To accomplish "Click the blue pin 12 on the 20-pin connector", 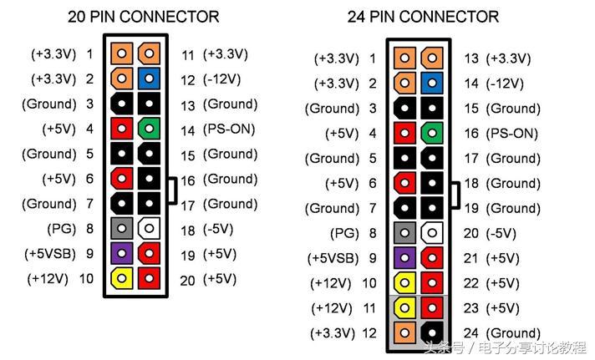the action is click(149, 79).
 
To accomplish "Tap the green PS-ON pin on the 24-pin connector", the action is click(432, 133).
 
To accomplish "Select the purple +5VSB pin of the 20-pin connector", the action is click(121, 253).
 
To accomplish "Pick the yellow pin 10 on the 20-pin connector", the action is click(121, 278).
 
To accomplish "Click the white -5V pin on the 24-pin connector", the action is click(432, 233).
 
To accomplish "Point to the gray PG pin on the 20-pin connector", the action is click(121, 228).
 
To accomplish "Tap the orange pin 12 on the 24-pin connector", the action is click(404, 332).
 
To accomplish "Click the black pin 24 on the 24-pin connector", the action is click(432, 332).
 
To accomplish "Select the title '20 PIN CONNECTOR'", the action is click(144, 17).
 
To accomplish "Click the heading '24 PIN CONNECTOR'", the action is click(423, 17).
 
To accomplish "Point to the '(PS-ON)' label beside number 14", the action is click(229, 129).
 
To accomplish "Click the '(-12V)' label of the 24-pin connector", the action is click(505, 84).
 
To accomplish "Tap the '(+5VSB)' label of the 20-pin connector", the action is click(50, 254).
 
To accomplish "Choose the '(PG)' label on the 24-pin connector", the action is click(344, 233).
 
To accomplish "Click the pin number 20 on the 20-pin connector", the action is click(187, 281).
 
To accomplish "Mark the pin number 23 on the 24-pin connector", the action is click(471, 308).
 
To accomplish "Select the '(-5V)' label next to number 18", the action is click(218, 229).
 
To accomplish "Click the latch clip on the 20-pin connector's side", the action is click(173, 190).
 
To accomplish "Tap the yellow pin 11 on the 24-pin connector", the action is click(404, 307).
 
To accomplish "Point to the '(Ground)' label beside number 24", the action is click(513, 333).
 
